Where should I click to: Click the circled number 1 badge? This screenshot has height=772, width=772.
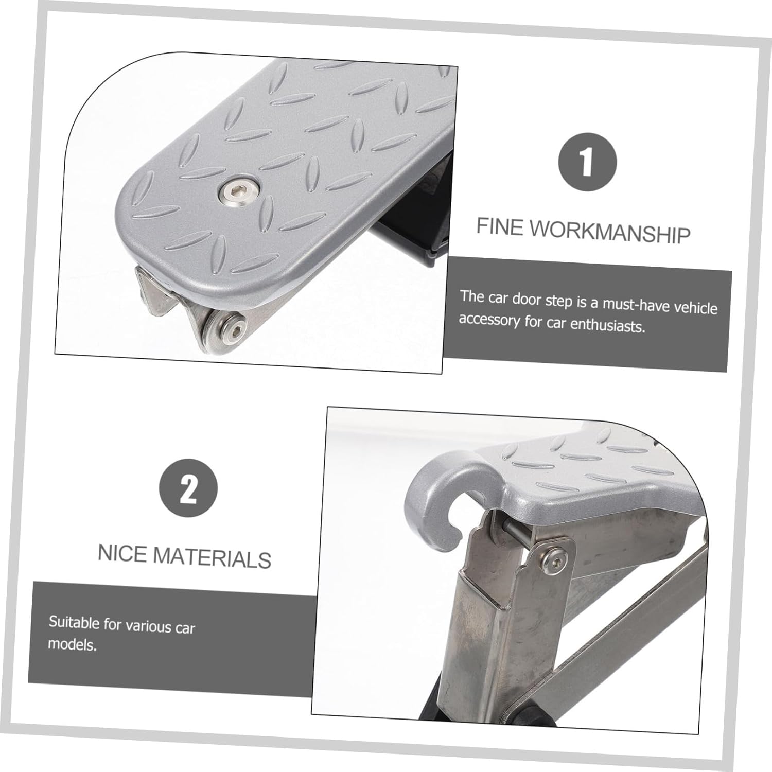(x=587, y=162)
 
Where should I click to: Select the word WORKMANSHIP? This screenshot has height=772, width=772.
(x=610, y=232)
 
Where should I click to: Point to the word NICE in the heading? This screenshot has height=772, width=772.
(x=122, y=553)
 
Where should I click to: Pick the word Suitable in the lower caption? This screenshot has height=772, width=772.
(x=74, y=623)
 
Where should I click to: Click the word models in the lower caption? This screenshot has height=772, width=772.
(x=72, y=644)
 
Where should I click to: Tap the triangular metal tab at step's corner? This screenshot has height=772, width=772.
(x=154, y=293)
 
